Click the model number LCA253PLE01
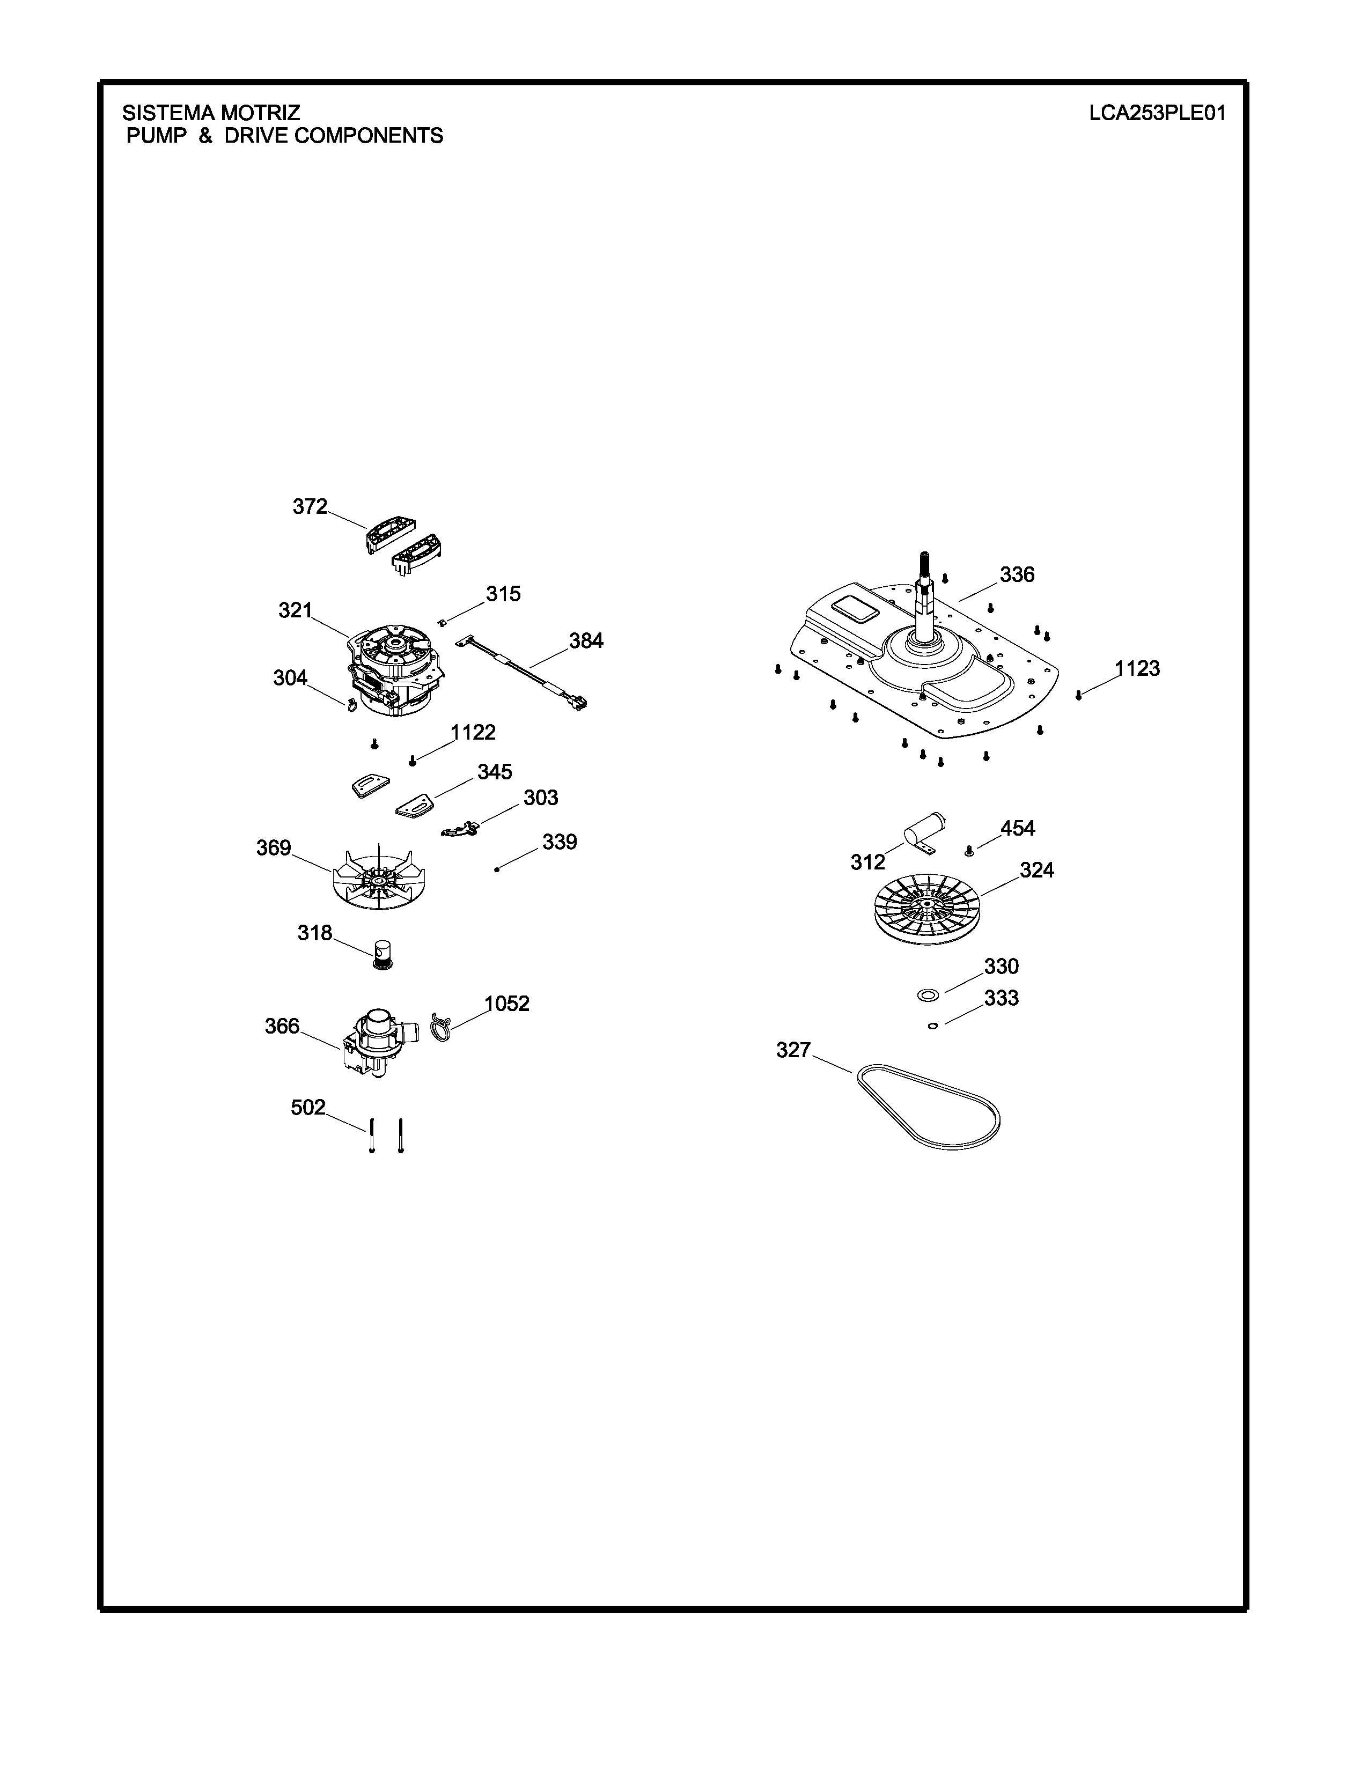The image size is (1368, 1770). point(1157,113)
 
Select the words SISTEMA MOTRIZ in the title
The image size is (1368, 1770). point(211,113)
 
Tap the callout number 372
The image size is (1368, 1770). point(310,506)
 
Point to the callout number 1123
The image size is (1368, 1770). point(1137,669)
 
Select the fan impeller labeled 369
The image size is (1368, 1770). point(379,877)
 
